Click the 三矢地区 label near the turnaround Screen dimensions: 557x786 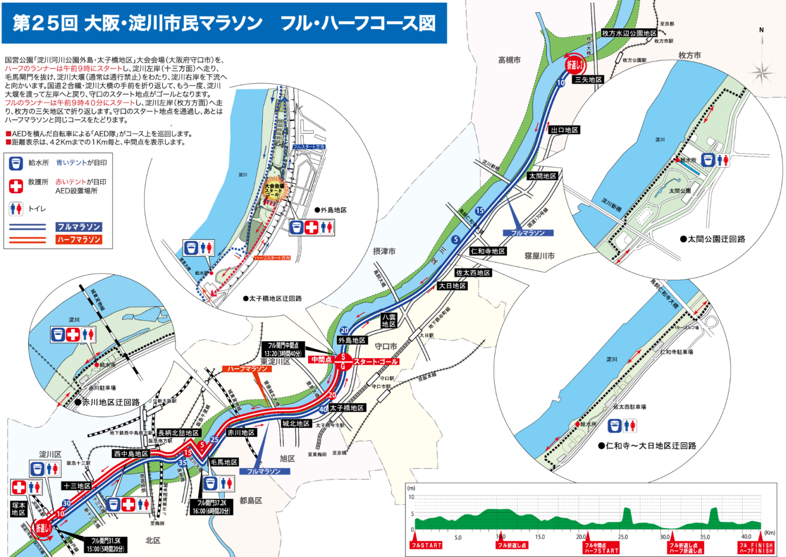coord(588,80)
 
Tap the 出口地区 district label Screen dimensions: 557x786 coord(564,130)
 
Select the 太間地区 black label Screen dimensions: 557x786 coord(542,176)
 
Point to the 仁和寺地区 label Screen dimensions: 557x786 coord(488,251)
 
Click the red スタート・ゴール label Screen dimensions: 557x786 coord(375,362)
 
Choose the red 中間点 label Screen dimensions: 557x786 coord(321,360)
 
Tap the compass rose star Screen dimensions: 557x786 coord(762,71)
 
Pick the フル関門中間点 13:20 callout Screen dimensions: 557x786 coord(283,349)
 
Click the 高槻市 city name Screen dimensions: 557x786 coord(509,60)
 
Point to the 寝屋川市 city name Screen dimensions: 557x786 coord(539,256)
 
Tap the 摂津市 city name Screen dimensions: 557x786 coord(384,251)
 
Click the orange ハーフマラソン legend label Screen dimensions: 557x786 coord(79,239)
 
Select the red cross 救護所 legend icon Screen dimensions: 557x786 coord(16,186)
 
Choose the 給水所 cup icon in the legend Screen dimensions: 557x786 coord(16,163)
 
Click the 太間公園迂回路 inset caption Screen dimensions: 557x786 coord(712,239)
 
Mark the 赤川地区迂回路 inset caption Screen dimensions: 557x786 coord(107,402)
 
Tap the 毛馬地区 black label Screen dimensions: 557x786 coord(224,462)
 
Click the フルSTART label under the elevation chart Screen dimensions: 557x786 coord(426,545)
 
